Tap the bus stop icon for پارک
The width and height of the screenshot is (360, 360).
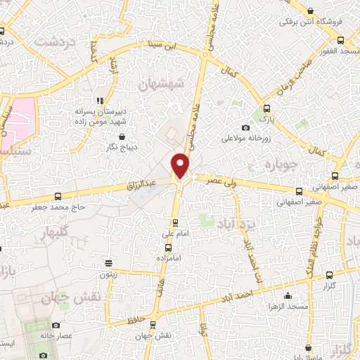[x=266, y=109]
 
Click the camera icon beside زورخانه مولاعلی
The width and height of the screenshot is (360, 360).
[x=245, y=127]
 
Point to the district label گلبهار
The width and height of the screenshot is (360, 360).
[x=54, y=231]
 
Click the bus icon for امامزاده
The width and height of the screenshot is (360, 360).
[x=168, y=247]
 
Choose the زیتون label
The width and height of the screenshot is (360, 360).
[x=108, y=276]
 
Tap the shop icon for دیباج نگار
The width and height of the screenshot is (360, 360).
[x=123, y=136]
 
